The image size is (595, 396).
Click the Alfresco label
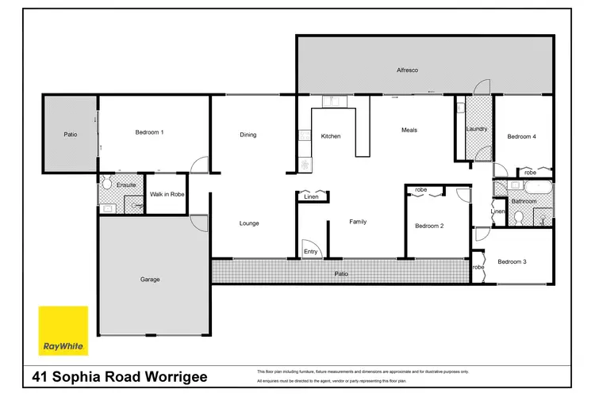[x=407, y=70]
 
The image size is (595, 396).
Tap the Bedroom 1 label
[x=149, y=132]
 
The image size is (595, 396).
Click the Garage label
[x=150, y=279]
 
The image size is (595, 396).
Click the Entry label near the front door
[x=311, y=252]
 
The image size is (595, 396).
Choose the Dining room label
[x=248, y=135]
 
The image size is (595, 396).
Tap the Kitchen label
[x=330, y=136]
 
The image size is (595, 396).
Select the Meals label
[x=409, y=130]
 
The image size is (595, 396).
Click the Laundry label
[x=477, y=128]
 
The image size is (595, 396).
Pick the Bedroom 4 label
[x=521, y=136]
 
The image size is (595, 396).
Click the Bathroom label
[x=524, y=201]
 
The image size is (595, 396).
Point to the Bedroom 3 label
[x=512, y=262]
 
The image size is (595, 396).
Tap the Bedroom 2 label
[x=428, y=227]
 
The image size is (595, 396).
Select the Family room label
[x=358, y=222]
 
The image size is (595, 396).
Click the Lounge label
[x=249, y=223]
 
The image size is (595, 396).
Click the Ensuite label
[x=126, y=185]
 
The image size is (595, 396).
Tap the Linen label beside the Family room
[x=311, y=198]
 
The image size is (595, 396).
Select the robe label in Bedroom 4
[x=530, y=172]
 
